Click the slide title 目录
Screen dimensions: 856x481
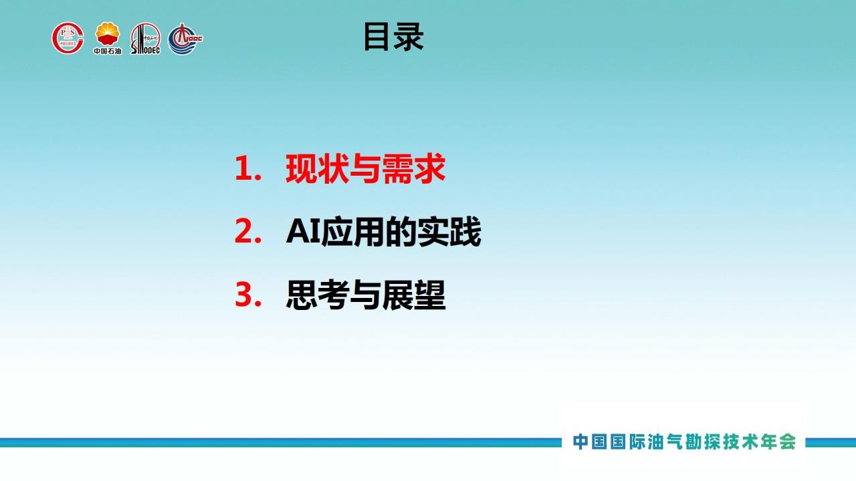pos(394,37)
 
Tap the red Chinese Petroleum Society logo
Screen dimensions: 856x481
pos(68,38)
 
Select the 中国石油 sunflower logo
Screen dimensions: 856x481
pos(108,38)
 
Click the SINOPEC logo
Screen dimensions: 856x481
pos(146,39)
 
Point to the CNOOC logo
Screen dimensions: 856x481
pos(185,39)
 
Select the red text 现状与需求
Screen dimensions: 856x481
pos(366,168)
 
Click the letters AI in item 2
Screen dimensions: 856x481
pos(303,231)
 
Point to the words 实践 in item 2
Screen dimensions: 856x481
pos(449,231)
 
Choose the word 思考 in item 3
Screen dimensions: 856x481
pos(318,295)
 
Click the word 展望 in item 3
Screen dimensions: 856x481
pos(414,295)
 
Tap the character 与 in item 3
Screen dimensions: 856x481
pos(366,295)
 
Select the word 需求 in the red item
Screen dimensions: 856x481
pos(414,168)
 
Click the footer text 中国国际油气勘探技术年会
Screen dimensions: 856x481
pos(684,442)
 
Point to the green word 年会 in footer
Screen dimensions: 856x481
pos(778,442)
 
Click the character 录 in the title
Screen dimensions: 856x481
pos(409,37)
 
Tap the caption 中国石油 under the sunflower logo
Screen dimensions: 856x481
pos(108,51)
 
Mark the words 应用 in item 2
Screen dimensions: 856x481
pos(352,231)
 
